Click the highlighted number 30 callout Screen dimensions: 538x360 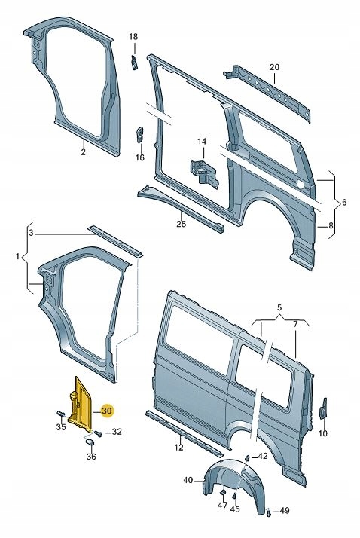click(106, 410)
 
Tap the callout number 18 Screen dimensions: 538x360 click(133, 38)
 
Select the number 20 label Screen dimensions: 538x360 click(274, 67)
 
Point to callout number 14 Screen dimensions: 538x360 click(201, 142)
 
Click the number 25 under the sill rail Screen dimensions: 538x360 click(181, 224)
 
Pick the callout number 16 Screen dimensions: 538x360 click(139, 157)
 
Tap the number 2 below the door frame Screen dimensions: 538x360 click(84, 152)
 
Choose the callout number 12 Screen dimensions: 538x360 click(178, 448)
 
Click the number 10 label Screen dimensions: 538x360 click(323, 433)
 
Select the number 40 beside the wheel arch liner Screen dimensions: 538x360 click(188, 480)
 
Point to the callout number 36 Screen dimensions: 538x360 click(91, 457)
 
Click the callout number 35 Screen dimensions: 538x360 click(61, 427)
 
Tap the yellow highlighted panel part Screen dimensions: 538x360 click(81, 403)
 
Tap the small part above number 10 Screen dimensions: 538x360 click(323, 408)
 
